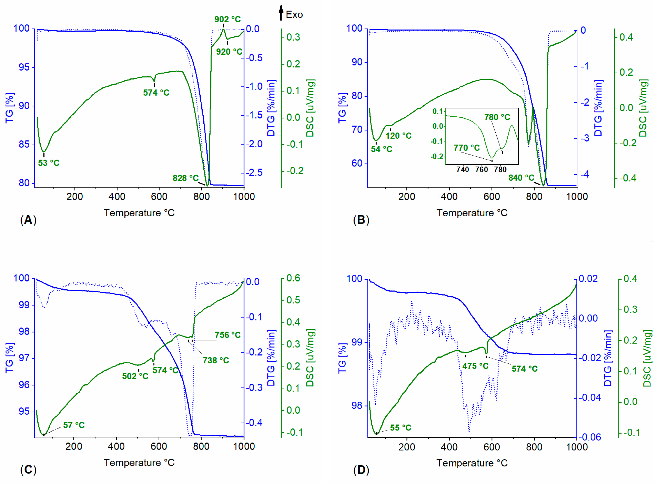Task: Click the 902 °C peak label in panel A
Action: [227, 19]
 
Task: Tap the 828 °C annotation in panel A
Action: [185, 178]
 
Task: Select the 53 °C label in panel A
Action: [49, 163]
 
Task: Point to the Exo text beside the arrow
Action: [294, 15]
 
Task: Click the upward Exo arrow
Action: [281, 12]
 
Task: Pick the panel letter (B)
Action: [361, 220]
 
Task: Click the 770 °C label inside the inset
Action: [467, 148]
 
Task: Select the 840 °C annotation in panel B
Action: [521, 178]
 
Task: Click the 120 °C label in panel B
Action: [398, 136]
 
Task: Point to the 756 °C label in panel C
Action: [227, 335]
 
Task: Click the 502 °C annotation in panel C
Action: [135, 376]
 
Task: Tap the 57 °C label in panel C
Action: [74, 425]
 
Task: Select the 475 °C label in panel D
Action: [475, 366]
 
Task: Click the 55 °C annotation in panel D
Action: [400, 428]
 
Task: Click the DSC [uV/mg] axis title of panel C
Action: [310, 358]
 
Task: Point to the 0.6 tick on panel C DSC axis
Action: [293, 278]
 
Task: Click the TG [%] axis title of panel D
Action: [342, 358]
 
